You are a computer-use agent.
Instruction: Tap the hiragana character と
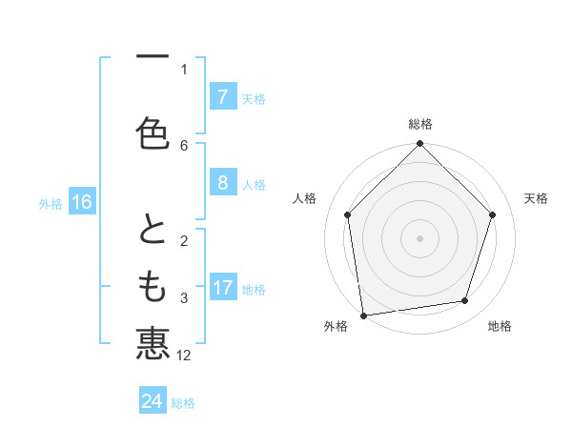click(153, 230)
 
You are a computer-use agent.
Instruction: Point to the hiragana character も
click(153, 285)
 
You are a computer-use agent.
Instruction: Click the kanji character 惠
click(153, 342)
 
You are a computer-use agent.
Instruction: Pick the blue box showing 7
click(222, 96)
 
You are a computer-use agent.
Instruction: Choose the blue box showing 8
click(222, 183)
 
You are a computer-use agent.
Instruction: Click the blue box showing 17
click(222, 288)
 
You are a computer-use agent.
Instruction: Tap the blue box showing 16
click(81, 201)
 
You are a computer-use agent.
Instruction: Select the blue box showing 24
click(152, 401)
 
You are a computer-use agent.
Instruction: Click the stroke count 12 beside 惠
click(185, 356)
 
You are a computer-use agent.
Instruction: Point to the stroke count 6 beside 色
click(184, 145)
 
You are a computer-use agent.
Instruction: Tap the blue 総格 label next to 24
click(184, 403)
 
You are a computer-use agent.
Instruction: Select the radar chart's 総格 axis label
click(420, 124)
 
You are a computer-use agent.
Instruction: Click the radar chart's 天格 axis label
click(537, 198)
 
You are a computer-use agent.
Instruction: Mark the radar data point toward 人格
click(348, 214)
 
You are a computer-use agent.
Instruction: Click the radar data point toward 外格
click(363, 315)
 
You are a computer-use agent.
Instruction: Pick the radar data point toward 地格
click(465, 301)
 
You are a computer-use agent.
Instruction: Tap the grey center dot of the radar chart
click(420, 237)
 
